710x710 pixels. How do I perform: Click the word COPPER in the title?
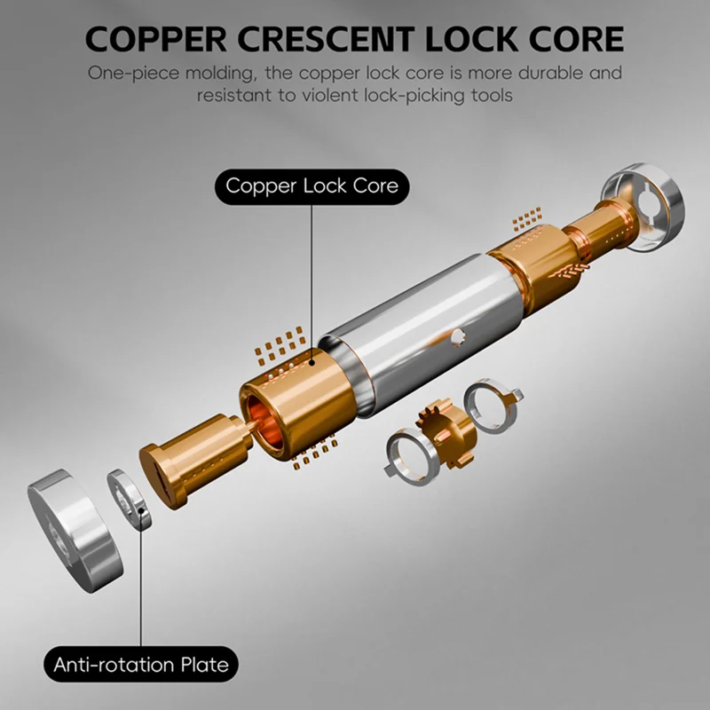point(156,39)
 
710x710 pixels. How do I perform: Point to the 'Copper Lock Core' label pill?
point(312,186)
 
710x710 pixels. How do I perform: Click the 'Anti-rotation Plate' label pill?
point(141,664)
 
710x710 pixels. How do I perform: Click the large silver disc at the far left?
point(75,531)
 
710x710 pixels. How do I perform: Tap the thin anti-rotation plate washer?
point(130,499)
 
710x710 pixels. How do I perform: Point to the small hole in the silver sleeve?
point(457,336)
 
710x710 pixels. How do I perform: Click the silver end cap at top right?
point(643,207)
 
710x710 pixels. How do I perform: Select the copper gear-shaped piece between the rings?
point(448,432)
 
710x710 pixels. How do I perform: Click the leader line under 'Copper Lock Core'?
point(312,284)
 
